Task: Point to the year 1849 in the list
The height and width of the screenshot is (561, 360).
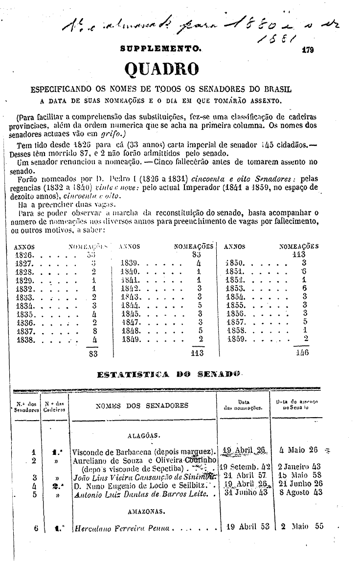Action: click(x=131, y=338)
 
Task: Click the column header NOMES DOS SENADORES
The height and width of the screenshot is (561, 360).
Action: click(x=142, y=405)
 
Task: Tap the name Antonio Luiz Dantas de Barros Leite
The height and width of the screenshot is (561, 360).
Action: click(x=140, y=494)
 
